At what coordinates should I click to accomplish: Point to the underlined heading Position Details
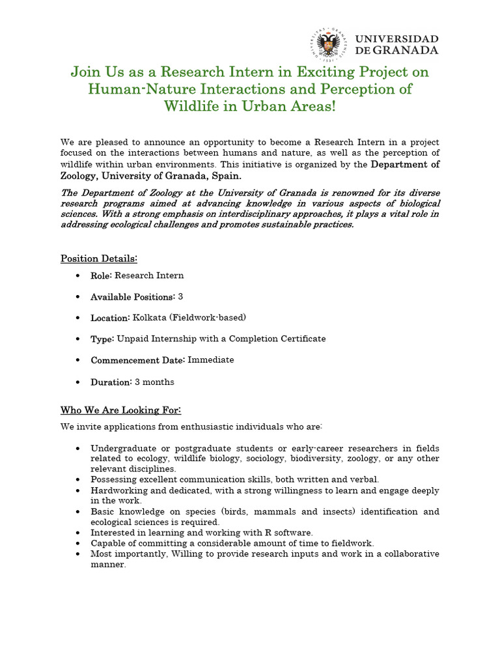click(99, 259)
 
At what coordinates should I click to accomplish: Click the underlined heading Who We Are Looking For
click(120, 410)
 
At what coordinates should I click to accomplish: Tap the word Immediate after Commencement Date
click(211, 360)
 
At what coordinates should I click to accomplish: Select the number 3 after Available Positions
click(180, 296)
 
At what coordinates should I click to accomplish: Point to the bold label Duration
click(111, 382)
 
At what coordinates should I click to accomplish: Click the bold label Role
click(101, 276)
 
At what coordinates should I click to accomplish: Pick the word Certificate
click(302, 339)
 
